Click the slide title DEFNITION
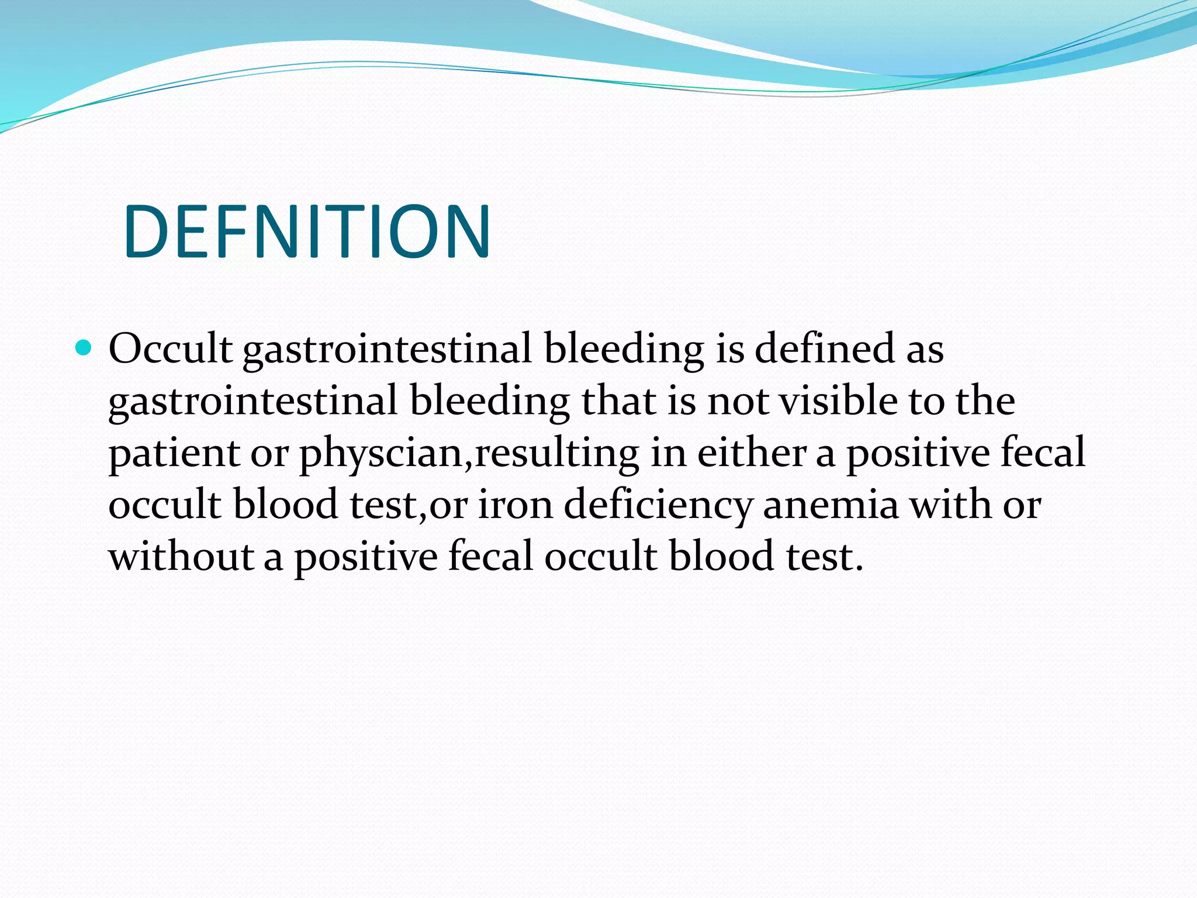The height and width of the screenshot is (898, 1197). pyautogui.click(x=307, y=232)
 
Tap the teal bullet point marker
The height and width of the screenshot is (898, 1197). pyautogui.click(x=84, y=348)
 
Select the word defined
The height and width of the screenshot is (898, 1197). pyautogui.click(x=825, y=348)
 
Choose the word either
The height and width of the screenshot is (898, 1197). pyautogui.click(x=752, y=453)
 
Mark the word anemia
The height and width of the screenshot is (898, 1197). pyautogui.click(x=831, y=505)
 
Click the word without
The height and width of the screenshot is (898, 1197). pyautogui.click(x=181, y=557)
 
